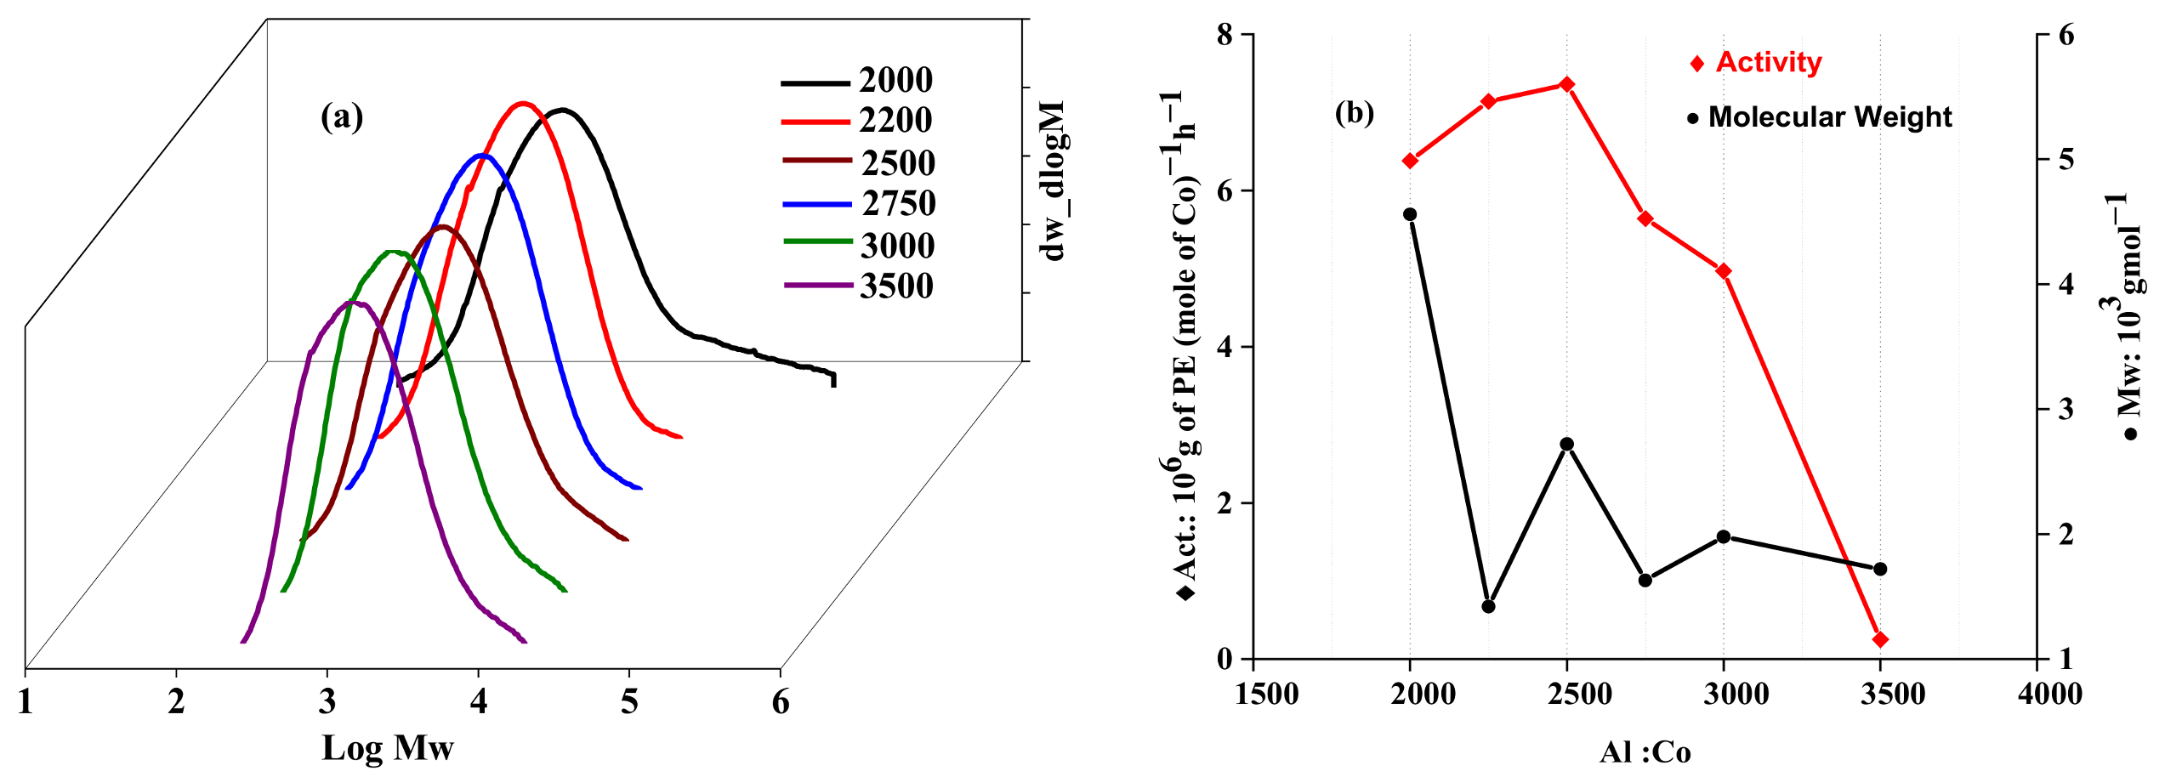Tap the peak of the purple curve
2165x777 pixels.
pos(353,303)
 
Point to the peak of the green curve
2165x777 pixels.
pos(393,252)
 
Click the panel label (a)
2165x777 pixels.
pos(342,116)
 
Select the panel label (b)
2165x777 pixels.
pos(1355,112)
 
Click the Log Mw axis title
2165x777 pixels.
pos(388,748)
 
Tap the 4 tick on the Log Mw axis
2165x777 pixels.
pos(479,702)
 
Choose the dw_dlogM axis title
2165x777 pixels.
pos(1054,181)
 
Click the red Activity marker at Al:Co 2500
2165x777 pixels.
pos(1567,84)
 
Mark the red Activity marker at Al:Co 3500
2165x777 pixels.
pos(1881,639)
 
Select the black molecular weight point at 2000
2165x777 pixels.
pos(1410,214)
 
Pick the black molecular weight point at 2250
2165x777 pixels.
pos(1488,606)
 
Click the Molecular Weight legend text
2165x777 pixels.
pos(1830,117)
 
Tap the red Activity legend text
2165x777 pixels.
pos(1769,63)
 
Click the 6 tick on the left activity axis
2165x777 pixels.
pos(1225,191)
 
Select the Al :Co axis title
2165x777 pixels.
pos(1645,752)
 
